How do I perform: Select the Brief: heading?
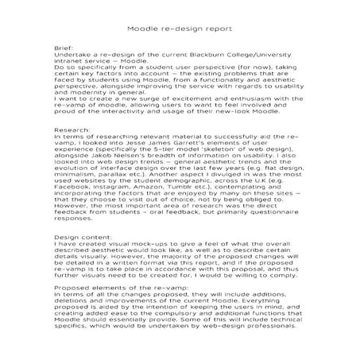[64, 48]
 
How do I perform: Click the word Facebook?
[74, 192]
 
